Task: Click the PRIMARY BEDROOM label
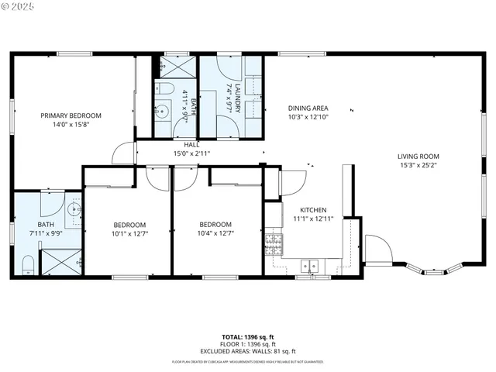(71, 115)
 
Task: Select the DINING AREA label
(308, 108)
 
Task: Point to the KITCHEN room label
(313, 210)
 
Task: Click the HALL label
(191, 145)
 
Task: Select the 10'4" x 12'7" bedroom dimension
(215, 233)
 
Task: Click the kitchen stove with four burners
(273, 244)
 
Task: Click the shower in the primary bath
(60, 263)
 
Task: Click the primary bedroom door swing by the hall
(124, 154)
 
